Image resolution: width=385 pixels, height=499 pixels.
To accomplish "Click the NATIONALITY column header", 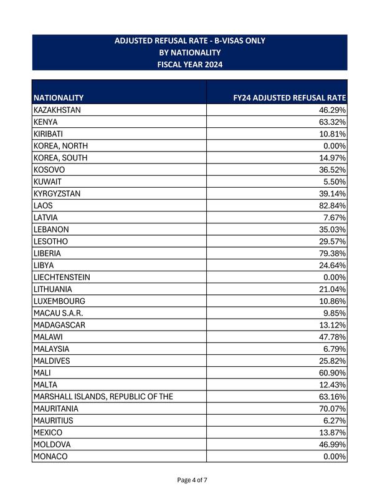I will point(59,98).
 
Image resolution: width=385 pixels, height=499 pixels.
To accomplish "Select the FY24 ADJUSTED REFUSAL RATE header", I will point(289,98).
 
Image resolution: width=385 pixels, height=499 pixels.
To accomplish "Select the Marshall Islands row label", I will point(103,397).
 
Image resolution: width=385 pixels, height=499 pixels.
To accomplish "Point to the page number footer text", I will point(192,480).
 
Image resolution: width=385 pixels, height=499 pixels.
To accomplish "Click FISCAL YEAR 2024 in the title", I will point(190,64).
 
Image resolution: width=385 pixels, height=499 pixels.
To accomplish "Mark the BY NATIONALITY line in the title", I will point(190,52).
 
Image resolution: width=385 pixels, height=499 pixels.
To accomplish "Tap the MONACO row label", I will point(50,457).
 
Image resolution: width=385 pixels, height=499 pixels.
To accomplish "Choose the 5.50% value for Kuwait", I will point(335,182).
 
